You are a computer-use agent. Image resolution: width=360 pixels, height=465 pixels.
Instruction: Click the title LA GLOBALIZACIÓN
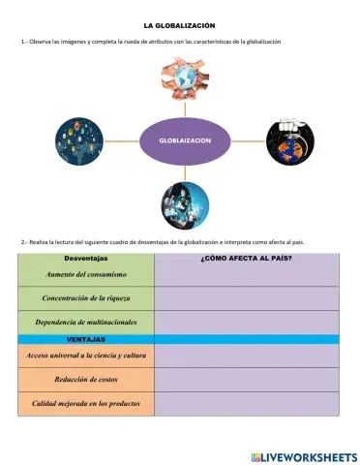point(179,24)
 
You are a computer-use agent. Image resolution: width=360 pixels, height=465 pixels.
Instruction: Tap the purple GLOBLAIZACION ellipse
point(186,141)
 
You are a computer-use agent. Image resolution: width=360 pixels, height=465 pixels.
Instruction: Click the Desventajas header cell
point(85,259)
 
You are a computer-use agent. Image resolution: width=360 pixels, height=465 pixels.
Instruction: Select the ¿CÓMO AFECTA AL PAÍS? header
point(246,259)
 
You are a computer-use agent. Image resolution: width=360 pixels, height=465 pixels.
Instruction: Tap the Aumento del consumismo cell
point(85,275)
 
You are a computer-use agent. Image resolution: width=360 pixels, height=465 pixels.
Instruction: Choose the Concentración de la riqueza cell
point(85,297)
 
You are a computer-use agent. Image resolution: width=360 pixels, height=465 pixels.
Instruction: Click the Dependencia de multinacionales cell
point(85,322)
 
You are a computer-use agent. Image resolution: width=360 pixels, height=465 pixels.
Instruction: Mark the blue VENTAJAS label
point(85,339)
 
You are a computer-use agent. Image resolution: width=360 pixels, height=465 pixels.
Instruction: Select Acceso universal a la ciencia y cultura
point(85,356)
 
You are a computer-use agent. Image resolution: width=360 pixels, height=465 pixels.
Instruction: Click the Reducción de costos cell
point(85,380)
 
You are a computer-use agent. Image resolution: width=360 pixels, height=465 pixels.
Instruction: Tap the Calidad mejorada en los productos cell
point(85,404)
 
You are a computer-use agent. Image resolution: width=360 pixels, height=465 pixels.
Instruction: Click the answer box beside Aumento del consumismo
point(246,275)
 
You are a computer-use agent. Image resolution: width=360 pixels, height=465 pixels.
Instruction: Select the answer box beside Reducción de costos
point(246,380)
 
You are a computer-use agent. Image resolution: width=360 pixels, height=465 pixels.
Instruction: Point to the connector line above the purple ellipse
point(185,109)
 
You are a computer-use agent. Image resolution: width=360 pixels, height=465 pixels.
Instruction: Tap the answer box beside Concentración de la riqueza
point(246,297)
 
